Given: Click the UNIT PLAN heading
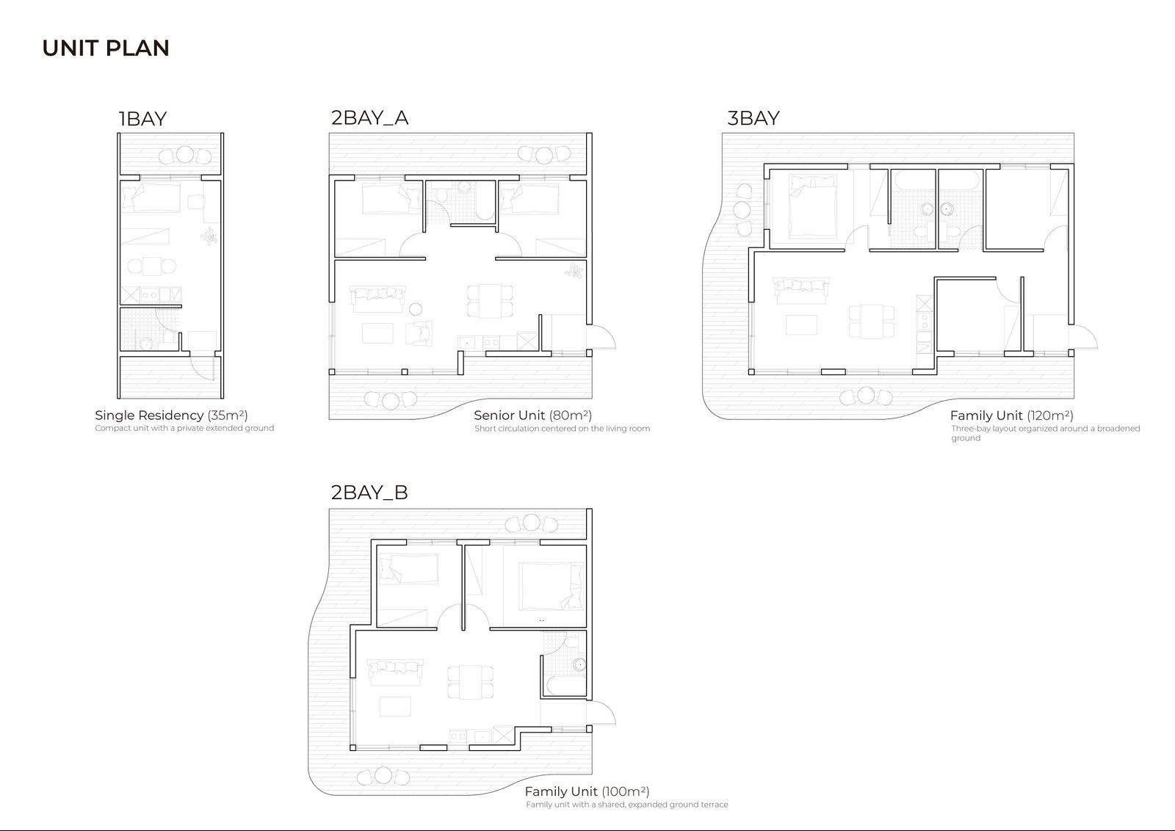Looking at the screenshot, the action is [x=106, y=48].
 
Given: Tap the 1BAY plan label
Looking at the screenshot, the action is [x=142, y=119].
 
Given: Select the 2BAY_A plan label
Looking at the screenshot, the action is [x=370, y=118].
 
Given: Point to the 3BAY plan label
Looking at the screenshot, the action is [x=753, y=118].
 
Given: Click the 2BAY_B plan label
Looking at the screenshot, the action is [x=369, y=493].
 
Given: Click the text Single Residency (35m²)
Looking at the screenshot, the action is [x=171, y=415].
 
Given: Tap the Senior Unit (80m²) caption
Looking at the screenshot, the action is [x=532, y=415].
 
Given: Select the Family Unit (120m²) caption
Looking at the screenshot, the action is [x=1011, y=415].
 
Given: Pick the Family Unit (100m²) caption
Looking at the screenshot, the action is [x=587, y=791].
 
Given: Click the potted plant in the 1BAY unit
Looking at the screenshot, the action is [x=209, y=236].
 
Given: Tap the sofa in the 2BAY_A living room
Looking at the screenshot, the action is [x=377, y=300].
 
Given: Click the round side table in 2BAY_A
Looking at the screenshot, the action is [x=416, y=309].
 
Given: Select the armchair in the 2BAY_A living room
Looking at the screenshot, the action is [x=419, y=333].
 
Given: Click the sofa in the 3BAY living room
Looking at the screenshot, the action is [x=801, y=291].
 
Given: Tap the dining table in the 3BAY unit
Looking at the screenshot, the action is [x=871, y=322].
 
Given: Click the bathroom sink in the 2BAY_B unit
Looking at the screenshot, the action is [x=579, y=665].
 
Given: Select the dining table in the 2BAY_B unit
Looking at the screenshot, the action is [x=471, y=682].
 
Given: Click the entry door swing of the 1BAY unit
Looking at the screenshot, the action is [x=203, y=367].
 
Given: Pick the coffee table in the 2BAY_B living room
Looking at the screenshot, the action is [x=395, y=706].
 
